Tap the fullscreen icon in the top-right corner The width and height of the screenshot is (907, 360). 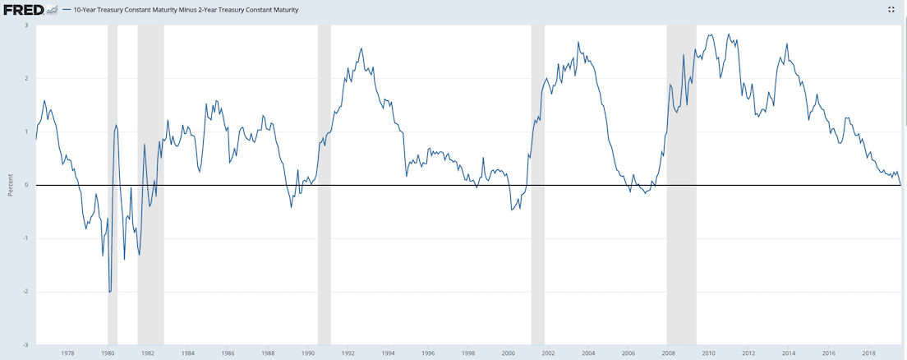pos(891,9)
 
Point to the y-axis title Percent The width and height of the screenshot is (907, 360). pos(11,184)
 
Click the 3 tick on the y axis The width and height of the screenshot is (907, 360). pos(26,25)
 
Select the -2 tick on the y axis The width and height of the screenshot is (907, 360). pos(25,292)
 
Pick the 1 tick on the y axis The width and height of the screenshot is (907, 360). pos(26,132)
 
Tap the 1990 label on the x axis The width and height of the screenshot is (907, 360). pos(308,353)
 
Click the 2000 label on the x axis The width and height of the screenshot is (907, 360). pos(509,353)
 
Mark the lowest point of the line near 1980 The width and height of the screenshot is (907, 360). pos(109,292)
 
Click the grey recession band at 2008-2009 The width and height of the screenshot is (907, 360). pos(681,164)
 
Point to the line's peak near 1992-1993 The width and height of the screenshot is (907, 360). pos(361,48)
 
